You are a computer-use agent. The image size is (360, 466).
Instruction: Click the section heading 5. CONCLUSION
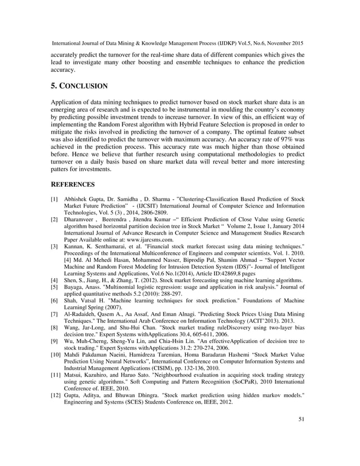[x=79, y=87]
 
